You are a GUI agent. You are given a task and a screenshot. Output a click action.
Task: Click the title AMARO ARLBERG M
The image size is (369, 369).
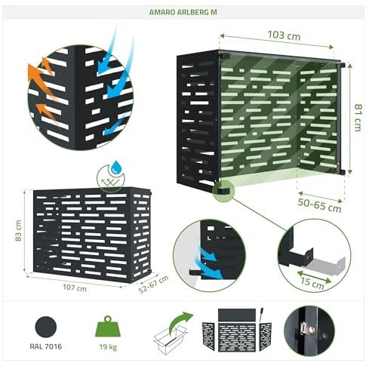click(x=183, y=12)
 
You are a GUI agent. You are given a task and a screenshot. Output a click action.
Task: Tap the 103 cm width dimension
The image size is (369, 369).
click(x=284, y=35)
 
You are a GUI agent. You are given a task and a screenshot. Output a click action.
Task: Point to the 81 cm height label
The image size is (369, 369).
click(x=358, y=118)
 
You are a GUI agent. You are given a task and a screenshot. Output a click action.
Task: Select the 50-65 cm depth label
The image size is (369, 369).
click(x=319, y=205)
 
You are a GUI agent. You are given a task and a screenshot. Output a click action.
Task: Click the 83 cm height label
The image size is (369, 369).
click(x=18, y=231)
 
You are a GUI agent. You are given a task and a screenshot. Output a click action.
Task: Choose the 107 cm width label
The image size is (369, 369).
click(x=75, y=288)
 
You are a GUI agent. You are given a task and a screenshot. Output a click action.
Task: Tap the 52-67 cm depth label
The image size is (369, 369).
click(x=153, y=284)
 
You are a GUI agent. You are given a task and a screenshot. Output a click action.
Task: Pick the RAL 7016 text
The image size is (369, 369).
click(x=45, y=346)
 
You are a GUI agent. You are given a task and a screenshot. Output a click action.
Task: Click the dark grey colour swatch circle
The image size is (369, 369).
click(x=46, y=327)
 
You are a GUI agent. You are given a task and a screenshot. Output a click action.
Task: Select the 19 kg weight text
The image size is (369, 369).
click(x=108, y=347)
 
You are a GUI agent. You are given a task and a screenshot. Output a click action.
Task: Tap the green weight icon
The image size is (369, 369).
click(x=108, y=326)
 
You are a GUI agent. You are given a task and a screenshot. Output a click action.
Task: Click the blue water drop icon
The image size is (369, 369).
click(x=116, y=167)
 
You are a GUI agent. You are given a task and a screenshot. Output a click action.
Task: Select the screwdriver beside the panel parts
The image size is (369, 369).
click(x=261, y=314)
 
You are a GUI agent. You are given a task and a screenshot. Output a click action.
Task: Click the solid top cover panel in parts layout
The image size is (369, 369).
click(x=237, y=315)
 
